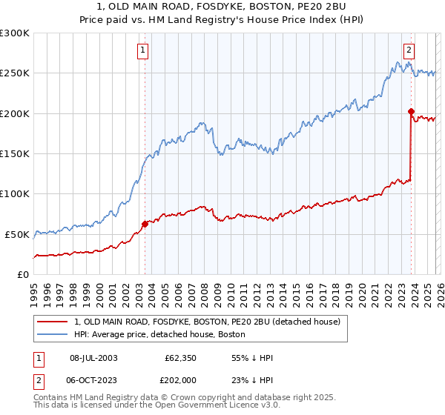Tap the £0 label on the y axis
pyautogui.click(x=21, y=274)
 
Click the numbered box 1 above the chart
pyautogui.click(x=142, y=50)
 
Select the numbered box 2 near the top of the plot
pyautogui.click(x=408, y=50)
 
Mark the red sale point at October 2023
pyautogui.click(x=411, y=112)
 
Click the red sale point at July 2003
pyautogui.click(x=145, y=224)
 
